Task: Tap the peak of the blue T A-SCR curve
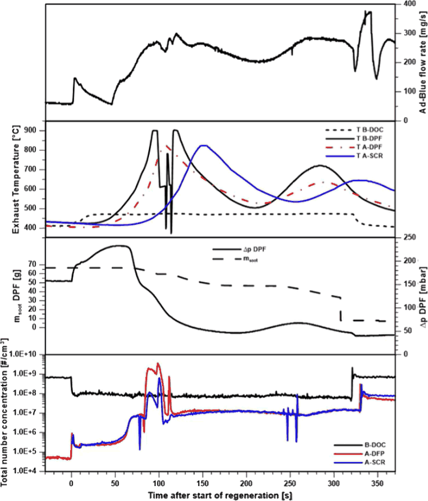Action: coord(202,146)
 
